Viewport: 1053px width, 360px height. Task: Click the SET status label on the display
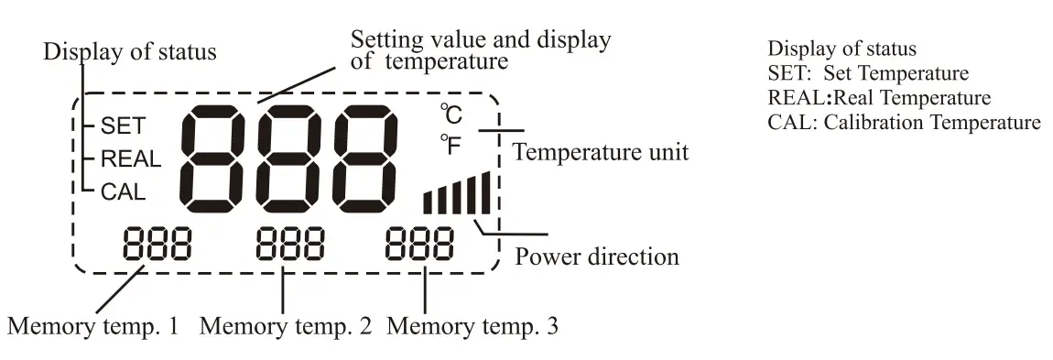coord(121,125)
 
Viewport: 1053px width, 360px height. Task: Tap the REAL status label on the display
coord(130,158)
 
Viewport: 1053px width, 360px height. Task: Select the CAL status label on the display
coord(123,191)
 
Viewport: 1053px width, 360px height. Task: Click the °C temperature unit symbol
coord(451,115)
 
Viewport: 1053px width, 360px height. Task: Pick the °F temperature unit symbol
coord(451,144)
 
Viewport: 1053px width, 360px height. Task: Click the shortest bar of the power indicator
coord(428,202)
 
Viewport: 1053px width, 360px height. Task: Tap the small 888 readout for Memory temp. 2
coord(289,245)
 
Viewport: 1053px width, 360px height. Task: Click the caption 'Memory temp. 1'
coord(93,325)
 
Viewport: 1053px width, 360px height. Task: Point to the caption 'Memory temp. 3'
coord(473,325)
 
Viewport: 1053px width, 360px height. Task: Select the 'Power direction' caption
coord(597,256)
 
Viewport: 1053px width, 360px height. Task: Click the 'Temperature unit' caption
coord(600,152)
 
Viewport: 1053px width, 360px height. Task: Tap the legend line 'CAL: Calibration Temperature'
coord(904,122)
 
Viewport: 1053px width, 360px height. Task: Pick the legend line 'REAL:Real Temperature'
coord(880,97)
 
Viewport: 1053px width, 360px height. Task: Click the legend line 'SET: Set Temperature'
coord(868,73)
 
